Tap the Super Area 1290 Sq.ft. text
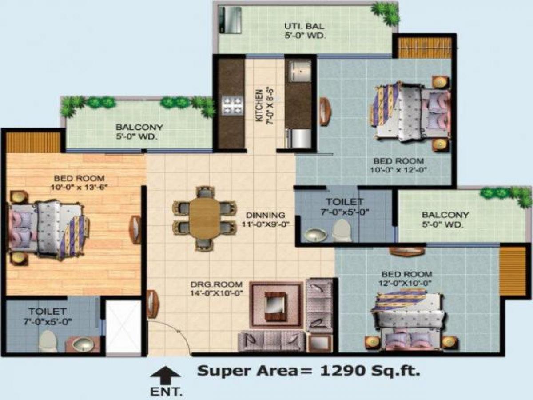pyautogui.click(x=308, y=370)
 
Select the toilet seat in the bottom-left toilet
pyautogui.click(x=48, y=341)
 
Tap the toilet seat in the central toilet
pyautogui.click(x=342, y=229)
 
